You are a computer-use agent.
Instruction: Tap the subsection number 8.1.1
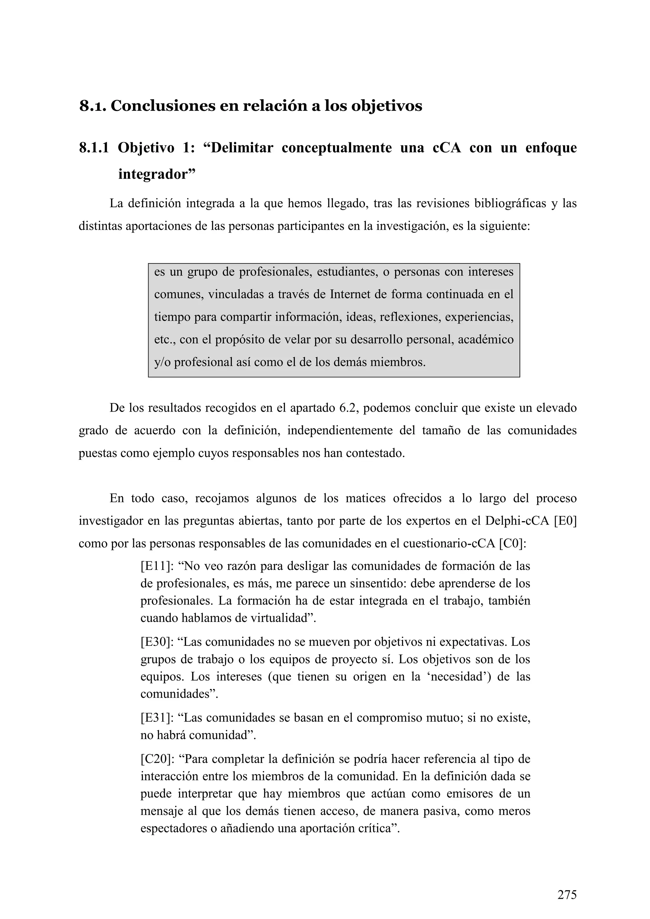[94, 148]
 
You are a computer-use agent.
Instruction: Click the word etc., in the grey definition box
[164, 340]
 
